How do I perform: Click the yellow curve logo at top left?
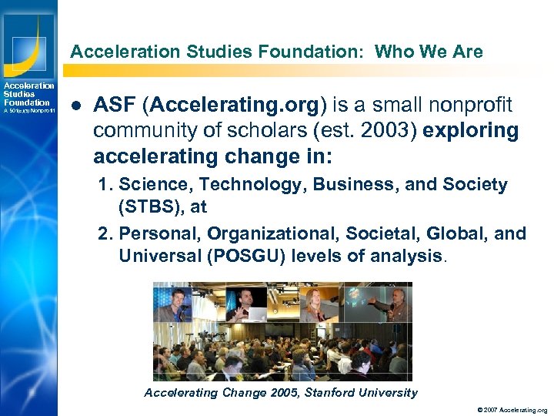click(28, 39)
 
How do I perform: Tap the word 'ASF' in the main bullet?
click(115, 105)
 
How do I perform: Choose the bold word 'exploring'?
click(471, 130)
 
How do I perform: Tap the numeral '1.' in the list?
click(106, 185)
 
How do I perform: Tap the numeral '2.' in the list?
click(106, 233)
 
